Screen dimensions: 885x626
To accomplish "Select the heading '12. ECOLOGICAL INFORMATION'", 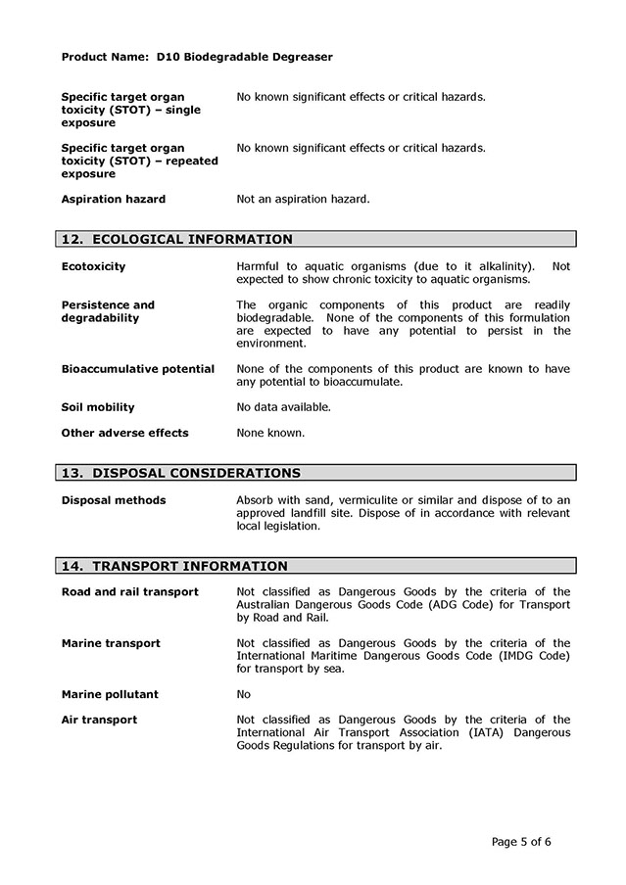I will click(x=176, y=239).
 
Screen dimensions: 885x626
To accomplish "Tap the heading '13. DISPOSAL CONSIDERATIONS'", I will click(x=180, y=473).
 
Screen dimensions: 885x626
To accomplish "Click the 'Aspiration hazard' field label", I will click(x=114, y=199).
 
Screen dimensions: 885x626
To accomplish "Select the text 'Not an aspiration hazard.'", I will click(x=304, y=199).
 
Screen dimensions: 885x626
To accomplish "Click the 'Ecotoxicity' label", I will click(x=93, y=266).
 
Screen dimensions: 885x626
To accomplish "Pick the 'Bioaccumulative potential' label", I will click(x=138, y=369).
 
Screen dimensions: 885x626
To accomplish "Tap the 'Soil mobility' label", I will click(x=98, y=407).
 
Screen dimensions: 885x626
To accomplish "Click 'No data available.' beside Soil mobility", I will click(x=284, y=407).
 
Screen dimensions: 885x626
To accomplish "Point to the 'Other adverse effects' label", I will click(x=124, y=433).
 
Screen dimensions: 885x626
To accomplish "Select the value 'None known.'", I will click(x=270, y=433).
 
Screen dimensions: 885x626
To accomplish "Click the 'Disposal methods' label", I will click(x=114, y=500).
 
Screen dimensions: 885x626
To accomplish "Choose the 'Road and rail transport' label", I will click(x=130, y=591).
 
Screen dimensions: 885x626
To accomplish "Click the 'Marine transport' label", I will click(x=111, y=643).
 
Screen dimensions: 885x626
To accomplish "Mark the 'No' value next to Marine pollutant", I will click(x=244, y=694).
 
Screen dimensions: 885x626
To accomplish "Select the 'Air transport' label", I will click(x=99, y=720).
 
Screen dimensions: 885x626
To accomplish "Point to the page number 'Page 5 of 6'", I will click(x=528, y=841).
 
